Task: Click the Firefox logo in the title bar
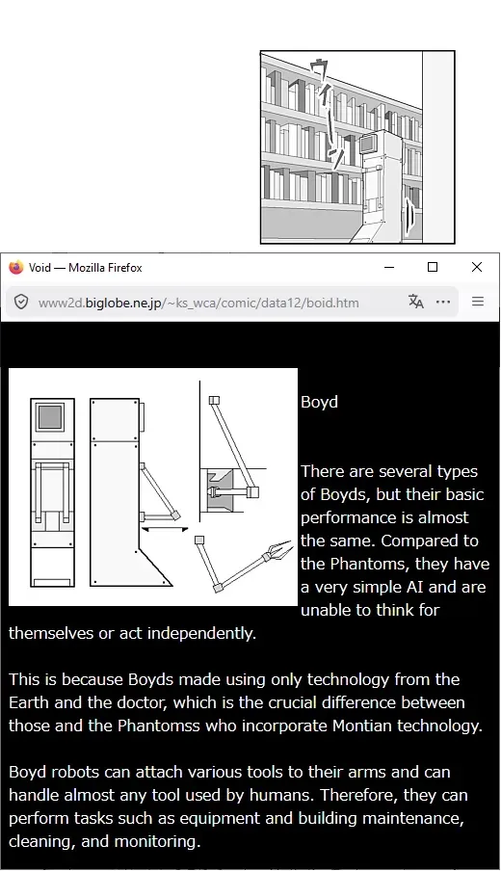click(x=16, y=267)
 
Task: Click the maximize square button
click(x=433, y=267)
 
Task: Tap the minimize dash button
click(x=389, y=267)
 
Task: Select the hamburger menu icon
click(x=478, y=302)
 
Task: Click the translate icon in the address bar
click(x=416, y=302)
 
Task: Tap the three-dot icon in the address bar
click(x=443, y=302)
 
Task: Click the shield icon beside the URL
click(x=21, y=302)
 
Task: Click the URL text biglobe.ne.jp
click(x=122, y=303)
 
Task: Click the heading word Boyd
click(x=319, y=402)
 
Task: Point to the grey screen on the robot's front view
click(x=50, y=416)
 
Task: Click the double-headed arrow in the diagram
click(x=165, y=529)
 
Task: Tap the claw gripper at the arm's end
click(x=279, y=551)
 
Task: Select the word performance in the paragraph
click(x=347, y=517)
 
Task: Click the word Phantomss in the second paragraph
click(x=158, y=726)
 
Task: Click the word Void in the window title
click(x=40, y=268)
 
